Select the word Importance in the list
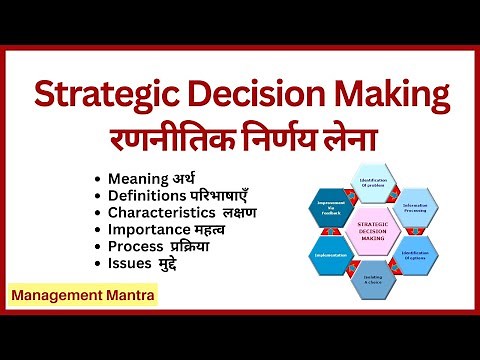tap(146, 229)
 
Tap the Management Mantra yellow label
tap(81, 297)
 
